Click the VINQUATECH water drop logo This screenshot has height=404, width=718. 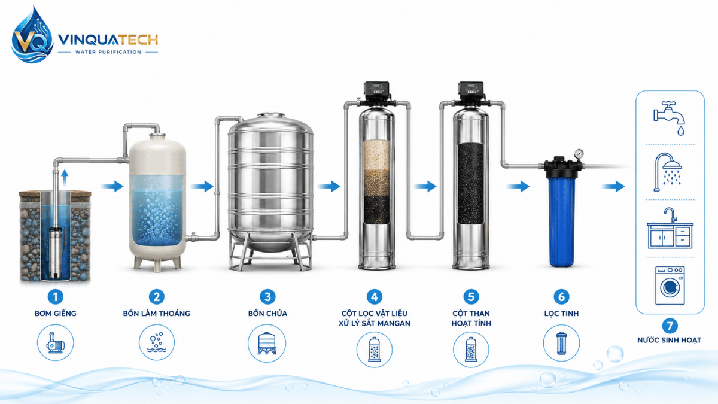[x=32, y=35]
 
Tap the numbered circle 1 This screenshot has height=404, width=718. [x=56, y=297]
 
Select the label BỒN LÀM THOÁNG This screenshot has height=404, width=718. [x=156, y=313]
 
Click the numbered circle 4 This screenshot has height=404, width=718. [x=375, y=297]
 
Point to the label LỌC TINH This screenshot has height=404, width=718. [x=561, y=313]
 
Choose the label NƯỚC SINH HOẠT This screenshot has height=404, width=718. [x=670, y=340]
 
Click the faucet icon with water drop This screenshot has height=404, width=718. [x=670, y=118]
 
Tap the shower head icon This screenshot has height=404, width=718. [x=668, y=172]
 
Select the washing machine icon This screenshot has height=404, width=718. [x=670, y=285]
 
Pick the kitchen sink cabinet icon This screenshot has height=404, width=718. [x=670, y=228]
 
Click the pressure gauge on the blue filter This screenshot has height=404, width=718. [x=579, y=154]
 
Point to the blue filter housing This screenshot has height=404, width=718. [x=562, y=221]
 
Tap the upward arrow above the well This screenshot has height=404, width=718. [x=65, y=178]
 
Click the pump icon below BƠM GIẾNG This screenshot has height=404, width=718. [x=56, y=342]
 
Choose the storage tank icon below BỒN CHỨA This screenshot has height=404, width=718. [x=267, y=343]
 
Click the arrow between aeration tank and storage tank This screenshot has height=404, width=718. [x=203, y=186]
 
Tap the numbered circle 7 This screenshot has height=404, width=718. [x=670, y=326]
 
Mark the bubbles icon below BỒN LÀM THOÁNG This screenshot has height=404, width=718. [x=156, y=342]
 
